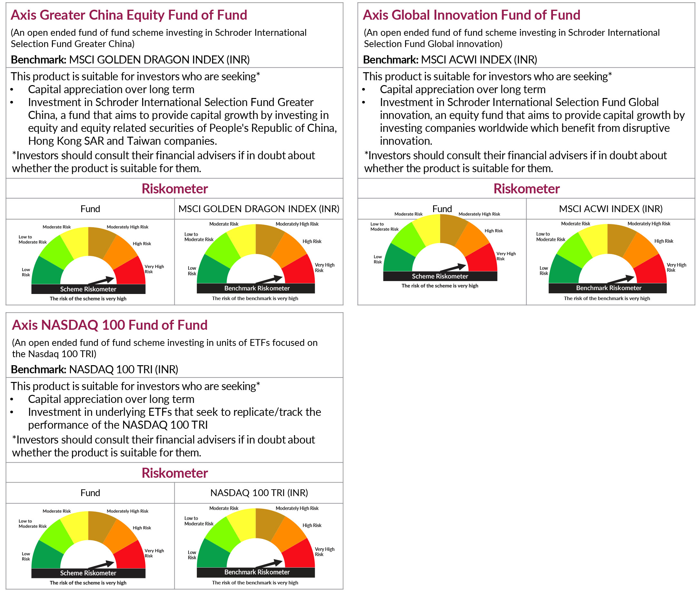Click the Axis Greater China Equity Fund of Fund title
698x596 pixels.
point(129,15)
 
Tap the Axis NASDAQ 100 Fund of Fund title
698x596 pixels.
point(110,325)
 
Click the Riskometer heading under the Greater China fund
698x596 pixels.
point(175,189)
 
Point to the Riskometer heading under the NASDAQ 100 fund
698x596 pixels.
point(175,473)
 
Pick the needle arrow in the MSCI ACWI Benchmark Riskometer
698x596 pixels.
point(622,279)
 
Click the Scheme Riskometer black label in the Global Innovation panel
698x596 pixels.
point(440,276)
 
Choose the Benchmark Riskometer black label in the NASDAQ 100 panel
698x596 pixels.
point(257,572)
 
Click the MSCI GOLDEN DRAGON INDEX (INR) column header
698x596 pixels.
point(259,209)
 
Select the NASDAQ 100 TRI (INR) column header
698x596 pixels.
point(259,493)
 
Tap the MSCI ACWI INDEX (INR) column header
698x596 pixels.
point(610,209)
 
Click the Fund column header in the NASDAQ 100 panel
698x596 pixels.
point(90,493)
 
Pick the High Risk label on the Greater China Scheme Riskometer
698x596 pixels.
point(142,244)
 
